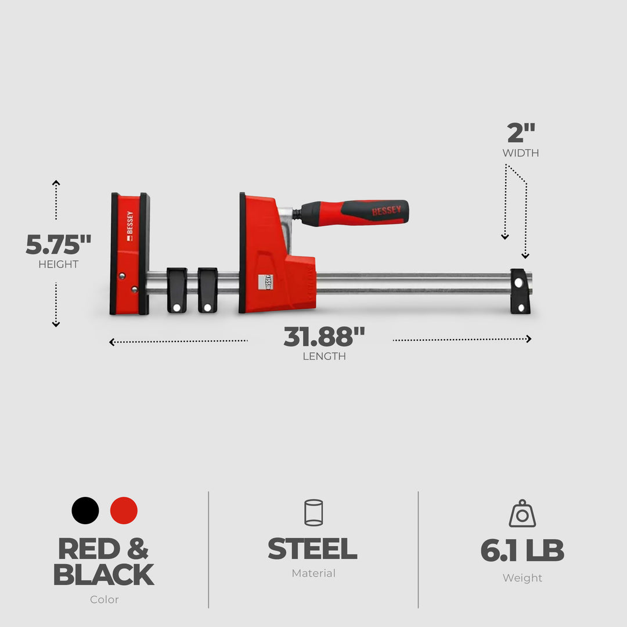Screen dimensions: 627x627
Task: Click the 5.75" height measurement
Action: coord(59,245)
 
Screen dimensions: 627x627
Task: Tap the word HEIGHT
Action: coord(59,265)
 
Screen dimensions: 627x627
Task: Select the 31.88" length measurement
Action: coord(324,337)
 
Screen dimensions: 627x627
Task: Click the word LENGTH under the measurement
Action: coord(324,356)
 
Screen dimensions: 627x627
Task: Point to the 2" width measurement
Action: coord(521,134)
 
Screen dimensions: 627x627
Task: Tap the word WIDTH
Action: coord(521,153)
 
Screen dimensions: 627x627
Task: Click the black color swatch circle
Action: coord(85,511)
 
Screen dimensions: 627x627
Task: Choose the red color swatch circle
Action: coord(124,511)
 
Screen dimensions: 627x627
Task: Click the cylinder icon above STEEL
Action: coord(313,513)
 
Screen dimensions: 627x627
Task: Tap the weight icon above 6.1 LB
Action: coord(522,514)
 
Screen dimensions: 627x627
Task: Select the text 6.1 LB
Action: coord(522,551)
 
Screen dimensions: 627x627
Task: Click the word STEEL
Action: coord(312,549)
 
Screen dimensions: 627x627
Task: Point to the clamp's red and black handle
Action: coord(354,212)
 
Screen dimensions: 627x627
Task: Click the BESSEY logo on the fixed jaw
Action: coord(129,224)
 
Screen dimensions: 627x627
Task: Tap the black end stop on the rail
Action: coord(520,291)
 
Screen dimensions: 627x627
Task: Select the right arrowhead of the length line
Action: coord(528,339)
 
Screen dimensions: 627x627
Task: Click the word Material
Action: coord(313,574)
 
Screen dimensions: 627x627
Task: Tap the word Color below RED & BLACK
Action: coord(105,600)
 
